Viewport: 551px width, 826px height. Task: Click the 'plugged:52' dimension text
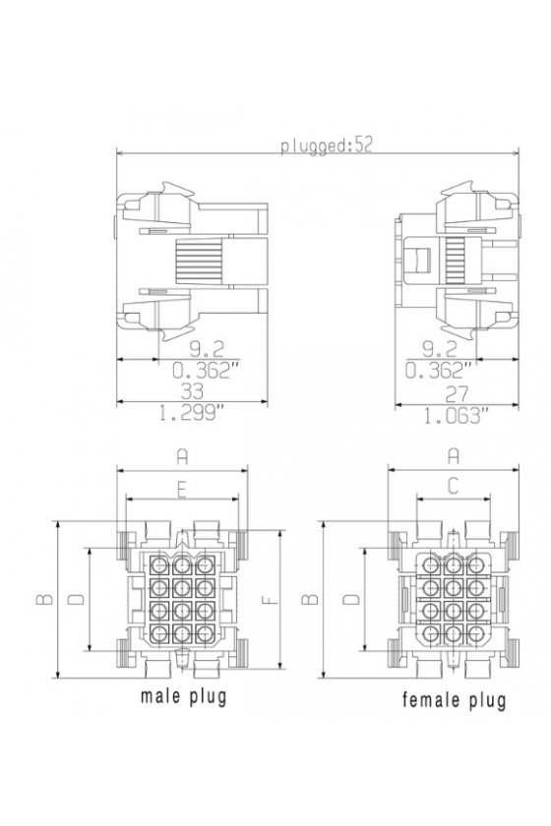326,145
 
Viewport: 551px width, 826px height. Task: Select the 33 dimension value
192,391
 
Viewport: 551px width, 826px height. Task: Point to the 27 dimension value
457,394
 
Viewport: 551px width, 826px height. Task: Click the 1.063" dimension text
453,416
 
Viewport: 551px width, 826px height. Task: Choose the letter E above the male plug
181,490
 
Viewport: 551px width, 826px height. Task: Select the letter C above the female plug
453,487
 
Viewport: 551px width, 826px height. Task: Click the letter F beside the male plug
270,599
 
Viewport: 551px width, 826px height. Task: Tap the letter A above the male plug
182,456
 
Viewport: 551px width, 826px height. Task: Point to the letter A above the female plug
454,455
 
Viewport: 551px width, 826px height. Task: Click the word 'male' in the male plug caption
160,696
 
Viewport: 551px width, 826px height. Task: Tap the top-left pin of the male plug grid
158,565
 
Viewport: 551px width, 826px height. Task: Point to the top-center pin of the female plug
453,565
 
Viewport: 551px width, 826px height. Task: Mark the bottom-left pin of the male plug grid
158,633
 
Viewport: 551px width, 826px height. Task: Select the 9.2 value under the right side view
440,348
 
